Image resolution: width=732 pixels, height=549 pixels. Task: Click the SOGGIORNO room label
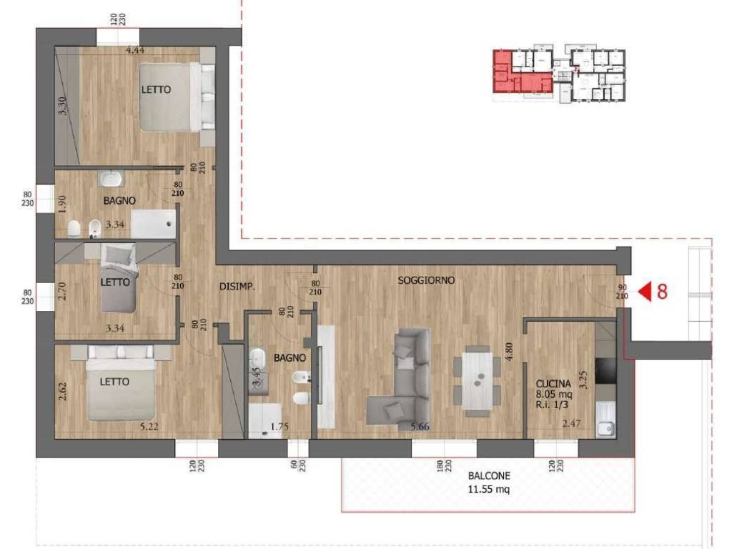[426, 280]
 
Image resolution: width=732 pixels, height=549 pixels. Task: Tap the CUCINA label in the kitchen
[553, 384]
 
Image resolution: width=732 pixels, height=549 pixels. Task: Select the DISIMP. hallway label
[237, 287]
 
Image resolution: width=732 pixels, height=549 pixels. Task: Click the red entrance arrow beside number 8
[645, 292]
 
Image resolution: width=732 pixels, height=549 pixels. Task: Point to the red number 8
[662, 292]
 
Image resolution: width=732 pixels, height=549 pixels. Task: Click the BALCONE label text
[489, 475]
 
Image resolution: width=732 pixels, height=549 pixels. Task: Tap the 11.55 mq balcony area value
[489, 489]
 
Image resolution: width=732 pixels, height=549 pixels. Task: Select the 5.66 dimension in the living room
[420, 426]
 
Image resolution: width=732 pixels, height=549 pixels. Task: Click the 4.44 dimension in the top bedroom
[134, 50]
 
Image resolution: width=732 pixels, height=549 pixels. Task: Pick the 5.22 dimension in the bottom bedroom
[149, 426]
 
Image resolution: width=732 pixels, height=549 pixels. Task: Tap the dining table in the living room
[477, 381]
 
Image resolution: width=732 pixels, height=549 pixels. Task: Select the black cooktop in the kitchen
[605, 370]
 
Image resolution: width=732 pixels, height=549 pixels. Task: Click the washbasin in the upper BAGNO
[111, 179]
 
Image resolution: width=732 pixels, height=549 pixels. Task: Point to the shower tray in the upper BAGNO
[153, 224]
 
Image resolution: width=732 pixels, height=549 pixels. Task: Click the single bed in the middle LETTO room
[119, 278]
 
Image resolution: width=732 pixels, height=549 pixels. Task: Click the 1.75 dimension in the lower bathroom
[280, 427]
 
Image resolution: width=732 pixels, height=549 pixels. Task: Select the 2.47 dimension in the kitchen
[571, 423]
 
